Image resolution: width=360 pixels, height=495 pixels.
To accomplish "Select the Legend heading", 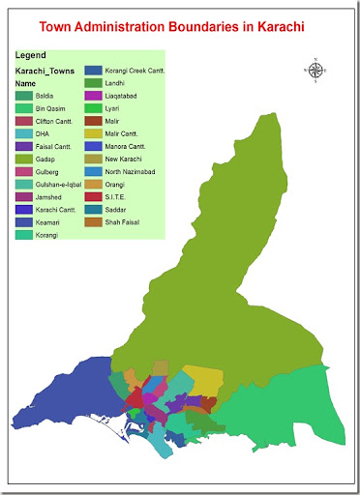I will click(30, 55).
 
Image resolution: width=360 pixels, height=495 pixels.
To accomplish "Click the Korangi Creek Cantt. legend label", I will click(135, 71).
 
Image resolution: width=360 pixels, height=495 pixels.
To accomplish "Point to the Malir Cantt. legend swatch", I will click(94, 132).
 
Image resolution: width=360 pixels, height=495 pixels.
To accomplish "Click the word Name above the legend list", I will click(25, 84).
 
